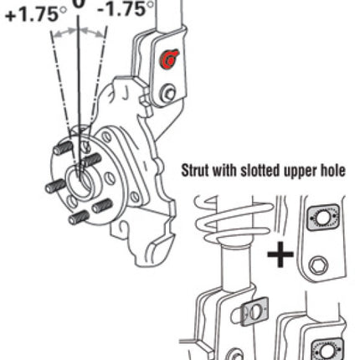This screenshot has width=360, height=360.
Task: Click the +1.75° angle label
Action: [x=36, y=14]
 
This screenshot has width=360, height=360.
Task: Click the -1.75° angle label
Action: [x=126, y=8]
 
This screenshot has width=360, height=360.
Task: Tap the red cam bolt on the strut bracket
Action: [x=168, y=59]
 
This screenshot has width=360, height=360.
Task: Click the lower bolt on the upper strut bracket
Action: [x=167, y=94]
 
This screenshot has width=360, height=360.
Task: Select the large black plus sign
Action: [x=280, y=255]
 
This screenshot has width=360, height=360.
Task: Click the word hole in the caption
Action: [x=333, y=170]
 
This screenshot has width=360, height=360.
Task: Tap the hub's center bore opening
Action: [x=80, y=182]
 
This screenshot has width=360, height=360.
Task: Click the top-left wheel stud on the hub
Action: [x=63, y=147]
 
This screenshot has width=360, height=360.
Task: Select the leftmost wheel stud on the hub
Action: [x=56, y=186]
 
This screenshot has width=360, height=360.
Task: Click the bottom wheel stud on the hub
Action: [x=79, y=218]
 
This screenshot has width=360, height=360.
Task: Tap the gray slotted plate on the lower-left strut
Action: [x=255, y=311]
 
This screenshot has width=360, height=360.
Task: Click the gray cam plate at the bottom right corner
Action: [x=327, y=349]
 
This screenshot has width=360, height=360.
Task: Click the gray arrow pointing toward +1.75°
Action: [x=64, y=33]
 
